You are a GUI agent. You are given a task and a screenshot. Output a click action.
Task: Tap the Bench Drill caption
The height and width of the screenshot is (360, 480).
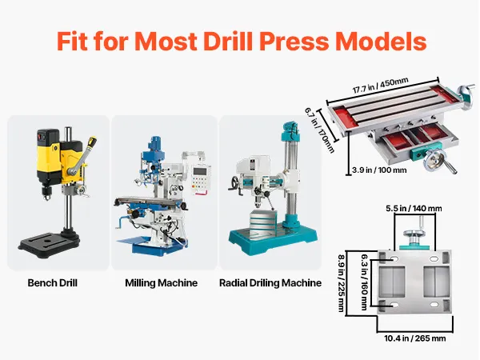52,282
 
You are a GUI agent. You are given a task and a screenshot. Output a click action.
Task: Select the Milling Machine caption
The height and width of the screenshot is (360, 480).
162,282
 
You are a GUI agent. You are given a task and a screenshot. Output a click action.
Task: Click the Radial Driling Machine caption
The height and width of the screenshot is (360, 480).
270,282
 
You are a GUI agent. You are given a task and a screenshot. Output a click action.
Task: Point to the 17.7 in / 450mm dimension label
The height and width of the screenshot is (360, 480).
380,86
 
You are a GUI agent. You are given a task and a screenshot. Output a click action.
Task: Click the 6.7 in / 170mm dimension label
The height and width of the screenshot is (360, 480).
319,130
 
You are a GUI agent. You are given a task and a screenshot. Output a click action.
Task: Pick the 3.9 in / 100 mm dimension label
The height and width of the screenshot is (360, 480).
379,170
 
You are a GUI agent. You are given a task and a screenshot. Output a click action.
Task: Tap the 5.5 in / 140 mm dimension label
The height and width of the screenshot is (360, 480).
414,209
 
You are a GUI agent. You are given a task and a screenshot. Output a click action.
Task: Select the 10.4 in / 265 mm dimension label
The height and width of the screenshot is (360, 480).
415,338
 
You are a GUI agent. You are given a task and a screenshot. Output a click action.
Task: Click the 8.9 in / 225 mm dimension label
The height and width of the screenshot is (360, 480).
341,283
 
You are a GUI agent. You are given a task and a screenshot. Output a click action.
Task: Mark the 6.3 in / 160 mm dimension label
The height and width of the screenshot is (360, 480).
364,282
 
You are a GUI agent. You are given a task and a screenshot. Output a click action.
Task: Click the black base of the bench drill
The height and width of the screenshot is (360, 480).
49,242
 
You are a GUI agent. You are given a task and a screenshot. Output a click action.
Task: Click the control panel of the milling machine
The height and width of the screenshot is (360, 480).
201,179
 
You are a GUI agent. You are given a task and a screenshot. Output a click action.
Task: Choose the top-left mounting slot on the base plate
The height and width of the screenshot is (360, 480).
394,259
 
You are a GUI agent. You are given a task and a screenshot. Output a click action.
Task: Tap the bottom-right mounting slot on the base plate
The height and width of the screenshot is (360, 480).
434,305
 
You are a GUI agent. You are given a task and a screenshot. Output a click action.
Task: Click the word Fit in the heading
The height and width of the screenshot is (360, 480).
72,42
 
